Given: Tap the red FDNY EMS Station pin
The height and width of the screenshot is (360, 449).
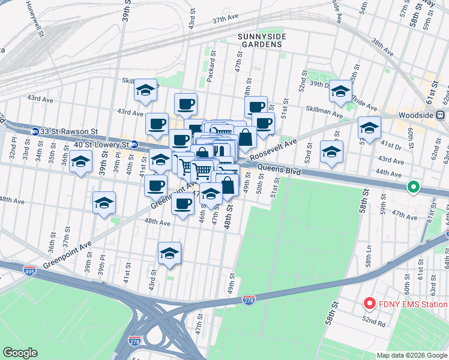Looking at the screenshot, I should (370, 304).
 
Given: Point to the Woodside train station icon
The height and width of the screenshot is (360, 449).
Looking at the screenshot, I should (440, 114).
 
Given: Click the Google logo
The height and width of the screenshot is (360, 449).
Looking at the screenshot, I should (20, 353).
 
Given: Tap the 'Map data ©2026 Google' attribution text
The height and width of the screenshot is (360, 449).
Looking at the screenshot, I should (412, 355).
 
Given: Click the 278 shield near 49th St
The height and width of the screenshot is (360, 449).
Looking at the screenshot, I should (249, 299).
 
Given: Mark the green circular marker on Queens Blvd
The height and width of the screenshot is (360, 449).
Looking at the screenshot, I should (413, 187).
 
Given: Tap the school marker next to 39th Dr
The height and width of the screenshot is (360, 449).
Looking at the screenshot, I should (340, 91).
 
